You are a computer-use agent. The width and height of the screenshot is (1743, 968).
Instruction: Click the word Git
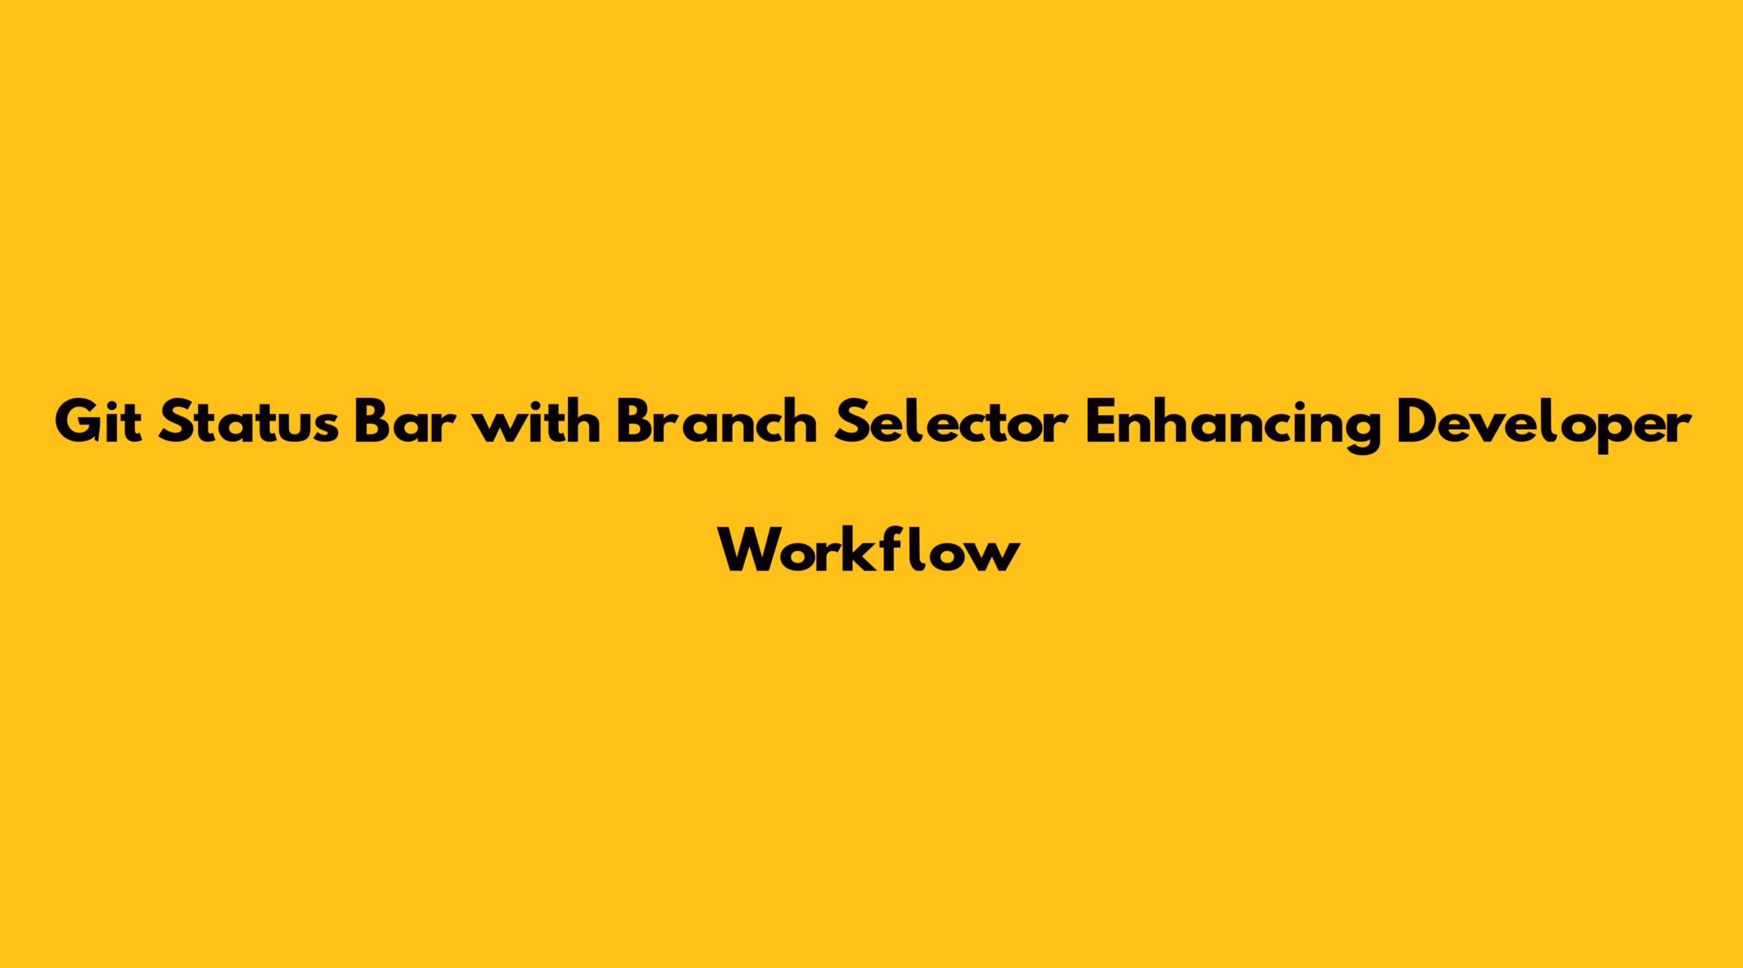(x=99, y=423)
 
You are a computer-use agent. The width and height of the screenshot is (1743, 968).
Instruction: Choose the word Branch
(x=717, y=422)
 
